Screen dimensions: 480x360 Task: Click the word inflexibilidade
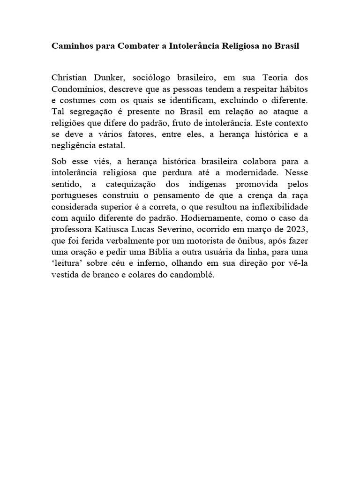coord(277,207)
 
